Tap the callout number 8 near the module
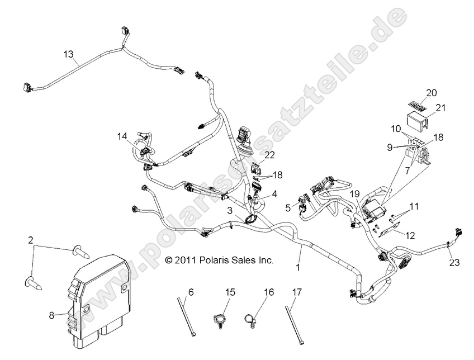tap(51, 315)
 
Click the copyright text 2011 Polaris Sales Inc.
tap(220, 260)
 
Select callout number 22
tap(270, 155)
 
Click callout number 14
tap(122, 136)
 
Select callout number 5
tap(287, 207)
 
